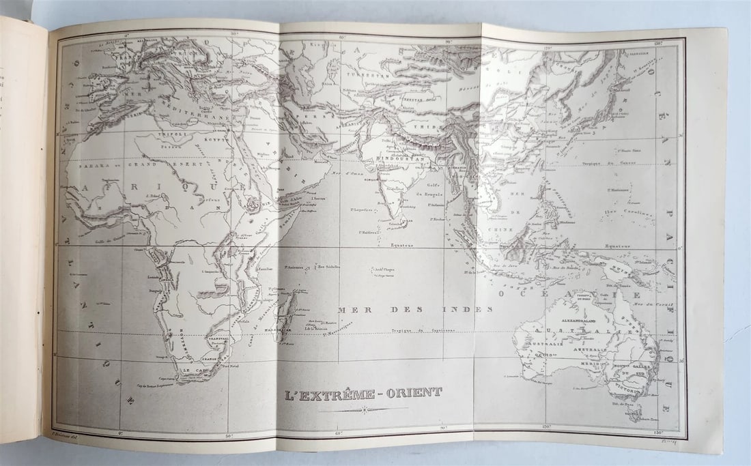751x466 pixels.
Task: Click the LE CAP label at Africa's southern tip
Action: tap(194, 372)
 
